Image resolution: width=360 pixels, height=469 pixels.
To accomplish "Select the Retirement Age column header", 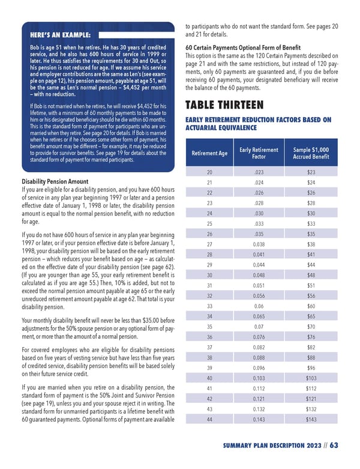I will coord(209,153).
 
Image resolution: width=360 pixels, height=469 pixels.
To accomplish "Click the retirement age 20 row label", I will coord(209,172).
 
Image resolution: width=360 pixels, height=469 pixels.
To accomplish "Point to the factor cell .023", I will coord(259,172).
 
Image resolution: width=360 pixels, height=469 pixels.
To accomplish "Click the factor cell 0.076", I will coord(259,337).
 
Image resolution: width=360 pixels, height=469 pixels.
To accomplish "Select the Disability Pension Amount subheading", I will coord(55,181).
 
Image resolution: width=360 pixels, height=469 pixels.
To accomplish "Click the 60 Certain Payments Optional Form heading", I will coord(243,48).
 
